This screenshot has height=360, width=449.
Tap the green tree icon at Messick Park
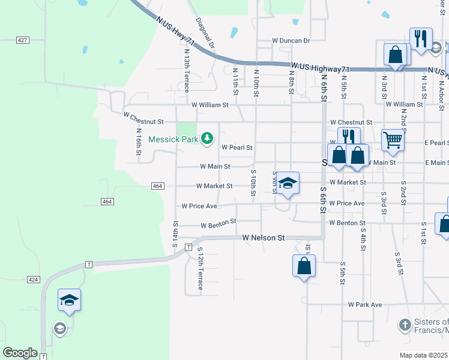[207, 139]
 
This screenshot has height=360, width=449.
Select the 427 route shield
[23, 40]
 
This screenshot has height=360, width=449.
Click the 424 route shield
[34, 279]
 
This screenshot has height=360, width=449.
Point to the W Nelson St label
[264, 238]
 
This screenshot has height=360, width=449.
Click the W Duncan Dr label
[291, 41]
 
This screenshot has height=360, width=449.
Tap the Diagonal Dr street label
[205, 34]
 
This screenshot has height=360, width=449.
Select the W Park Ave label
[365, 305]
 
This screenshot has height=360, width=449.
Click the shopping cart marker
[393, 140]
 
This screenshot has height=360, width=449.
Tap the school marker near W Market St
[288, 183]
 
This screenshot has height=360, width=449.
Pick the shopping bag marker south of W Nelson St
[304, 265]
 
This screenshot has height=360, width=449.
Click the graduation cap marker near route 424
[69, 299]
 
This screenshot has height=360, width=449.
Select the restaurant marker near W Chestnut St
[349, 137]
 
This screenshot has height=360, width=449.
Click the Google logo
[20, 353]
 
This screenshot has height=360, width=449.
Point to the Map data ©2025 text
[424, 355]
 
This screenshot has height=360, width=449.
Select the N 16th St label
[139, 142]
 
